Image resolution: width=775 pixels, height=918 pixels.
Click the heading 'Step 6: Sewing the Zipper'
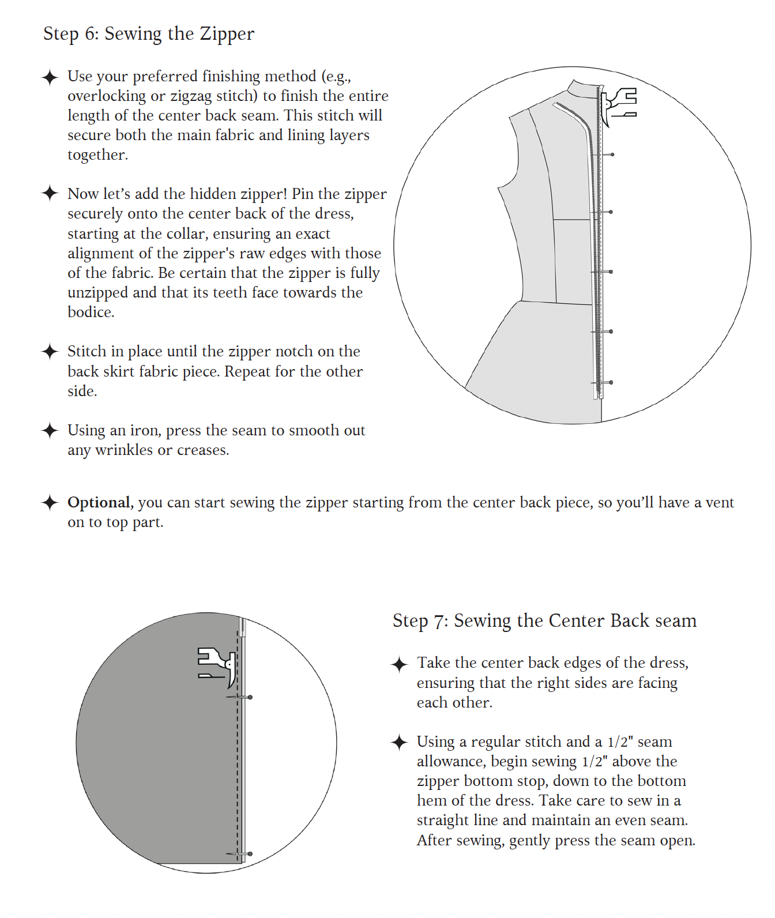[x=149, y=34]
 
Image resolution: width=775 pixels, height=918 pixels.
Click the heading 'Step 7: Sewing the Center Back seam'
[x=544, y=621]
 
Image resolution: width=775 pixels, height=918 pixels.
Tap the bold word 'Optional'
[x=99, y=502]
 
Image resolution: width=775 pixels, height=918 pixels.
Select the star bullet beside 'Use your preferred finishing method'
[x=50, y=77]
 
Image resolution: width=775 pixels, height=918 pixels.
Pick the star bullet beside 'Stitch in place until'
[x=50, y=352]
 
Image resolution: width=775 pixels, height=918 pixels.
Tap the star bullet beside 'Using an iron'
[x=50, y=431]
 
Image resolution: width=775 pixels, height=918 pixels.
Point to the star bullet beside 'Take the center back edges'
[x=399, y=664]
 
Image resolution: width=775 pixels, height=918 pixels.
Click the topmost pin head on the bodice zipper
[x=612, y=155]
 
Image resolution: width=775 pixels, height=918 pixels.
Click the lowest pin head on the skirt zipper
[x=611, y=382]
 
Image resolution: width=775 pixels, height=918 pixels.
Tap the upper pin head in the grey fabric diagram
[x=250, y=697]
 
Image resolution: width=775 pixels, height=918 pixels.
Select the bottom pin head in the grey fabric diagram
[x=250, y=854]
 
